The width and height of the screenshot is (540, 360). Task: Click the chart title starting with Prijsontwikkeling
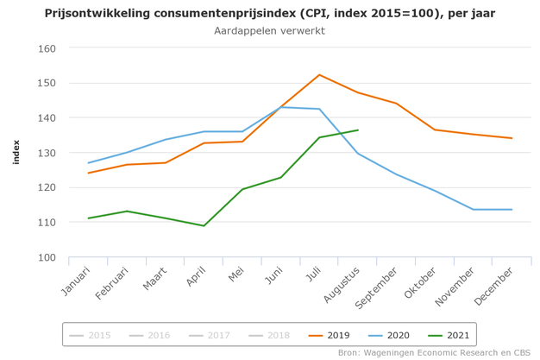(269, 13)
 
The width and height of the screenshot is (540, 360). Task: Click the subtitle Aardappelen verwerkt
(269, 31)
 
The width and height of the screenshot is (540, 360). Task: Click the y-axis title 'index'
(16, 153)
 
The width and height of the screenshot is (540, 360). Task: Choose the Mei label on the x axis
(235, 275)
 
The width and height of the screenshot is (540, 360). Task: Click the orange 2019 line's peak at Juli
(319, 75)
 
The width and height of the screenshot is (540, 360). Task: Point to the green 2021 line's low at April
(204, 225)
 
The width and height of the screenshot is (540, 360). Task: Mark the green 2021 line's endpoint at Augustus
(357, 130)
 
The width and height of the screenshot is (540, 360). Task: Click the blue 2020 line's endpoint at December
(512, 209)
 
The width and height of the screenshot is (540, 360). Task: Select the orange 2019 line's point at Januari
(88, 173)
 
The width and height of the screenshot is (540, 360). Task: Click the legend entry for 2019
(329, 334)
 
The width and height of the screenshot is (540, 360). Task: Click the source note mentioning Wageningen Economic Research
(436, 352)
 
